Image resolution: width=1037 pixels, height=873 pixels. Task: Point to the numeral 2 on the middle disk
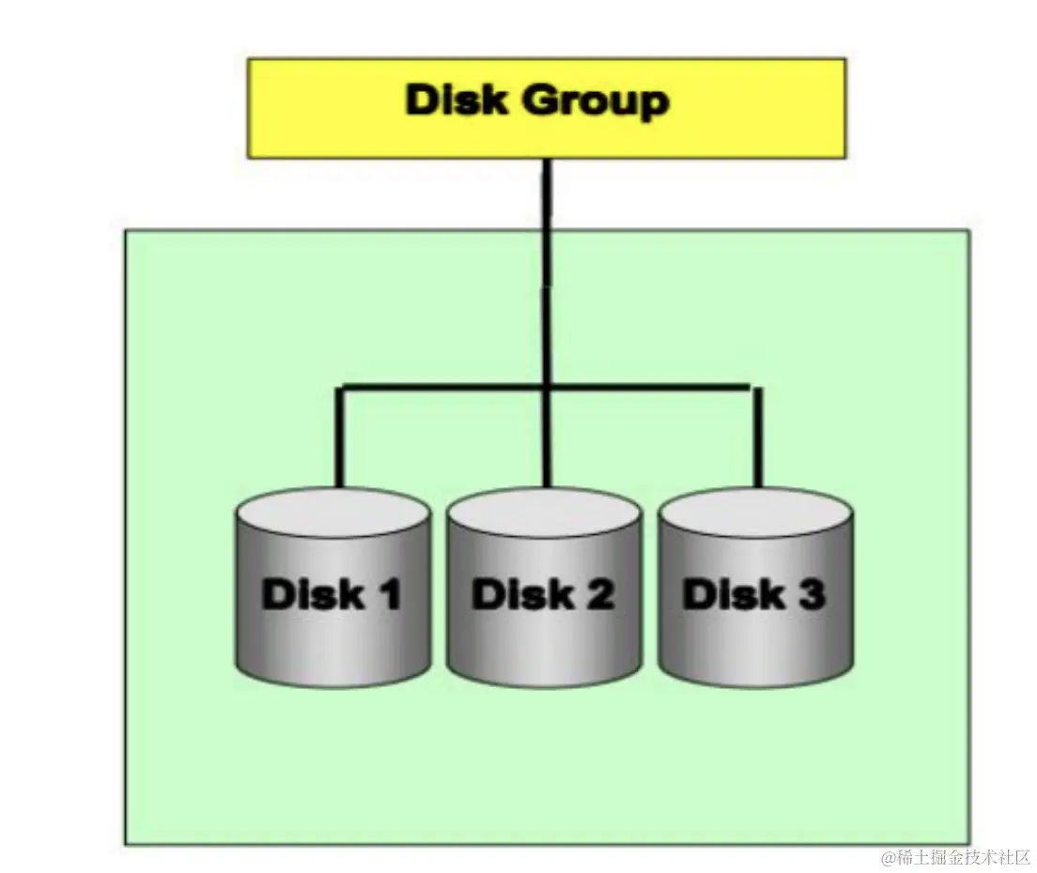click(x=599, y=594)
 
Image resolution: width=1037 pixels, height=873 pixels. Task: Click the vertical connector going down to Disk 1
click(x=340, y=436)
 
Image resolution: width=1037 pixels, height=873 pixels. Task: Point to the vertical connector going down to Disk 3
click(x=757, y=436)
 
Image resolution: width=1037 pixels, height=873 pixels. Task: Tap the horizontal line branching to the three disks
click(x=441, y=386)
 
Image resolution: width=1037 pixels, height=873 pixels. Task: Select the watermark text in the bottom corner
click(x=955, y=857)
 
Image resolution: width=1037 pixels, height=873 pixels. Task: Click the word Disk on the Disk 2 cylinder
click(x=519, y=594)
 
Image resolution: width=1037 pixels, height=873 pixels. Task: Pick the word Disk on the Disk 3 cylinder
click(x=730, y=594)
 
